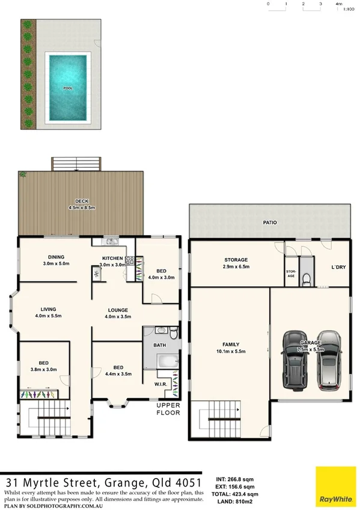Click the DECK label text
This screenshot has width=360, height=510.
[x=82, y=201]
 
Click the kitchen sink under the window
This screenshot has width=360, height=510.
[x=111, y=242]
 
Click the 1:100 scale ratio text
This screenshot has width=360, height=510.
[x=347, y=9]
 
